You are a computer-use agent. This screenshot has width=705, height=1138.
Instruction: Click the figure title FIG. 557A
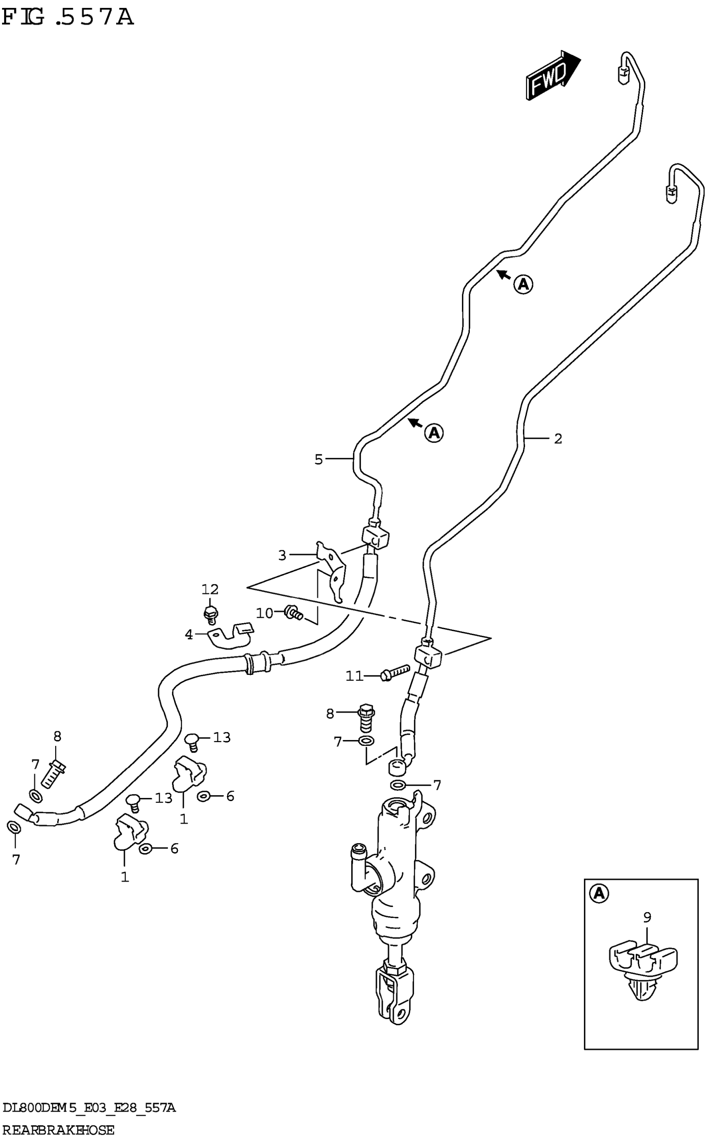coord(68,18)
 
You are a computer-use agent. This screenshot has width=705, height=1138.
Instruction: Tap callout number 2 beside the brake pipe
coord(558,439)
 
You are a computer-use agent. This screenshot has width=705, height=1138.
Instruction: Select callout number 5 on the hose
coord(318,459)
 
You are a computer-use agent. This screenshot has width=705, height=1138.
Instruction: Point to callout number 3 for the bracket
coord(282,555)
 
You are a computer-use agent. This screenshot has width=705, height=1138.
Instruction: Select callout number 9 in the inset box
coord(647,917)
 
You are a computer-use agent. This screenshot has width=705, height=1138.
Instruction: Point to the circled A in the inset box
coord(599,893)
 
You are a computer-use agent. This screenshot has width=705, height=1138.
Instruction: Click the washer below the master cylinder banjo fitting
coord(398,785)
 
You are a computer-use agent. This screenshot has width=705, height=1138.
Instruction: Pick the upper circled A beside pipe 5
coord(523,284)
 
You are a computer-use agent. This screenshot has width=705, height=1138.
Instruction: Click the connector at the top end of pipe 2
coord(670,192)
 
